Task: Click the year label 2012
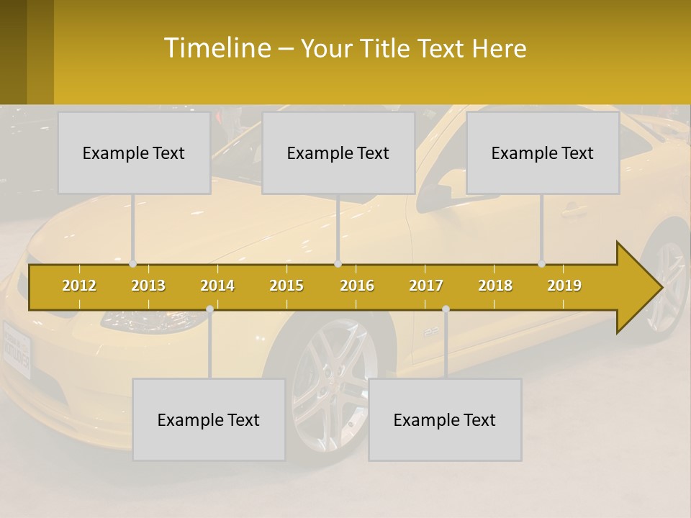79,286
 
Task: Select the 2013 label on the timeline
148,286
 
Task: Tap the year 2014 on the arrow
217,286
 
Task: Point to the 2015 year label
286,286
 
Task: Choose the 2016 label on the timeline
357,286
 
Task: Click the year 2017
426,286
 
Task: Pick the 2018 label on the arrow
495,286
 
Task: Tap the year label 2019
564,286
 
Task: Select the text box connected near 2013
134,153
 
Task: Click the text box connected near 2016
338,153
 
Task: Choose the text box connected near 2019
543,153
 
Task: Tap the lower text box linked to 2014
209,420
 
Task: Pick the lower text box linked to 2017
445,420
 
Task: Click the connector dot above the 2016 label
338,263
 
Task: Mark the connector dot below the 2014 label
209,309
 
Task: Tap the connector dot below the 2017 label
446,309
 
